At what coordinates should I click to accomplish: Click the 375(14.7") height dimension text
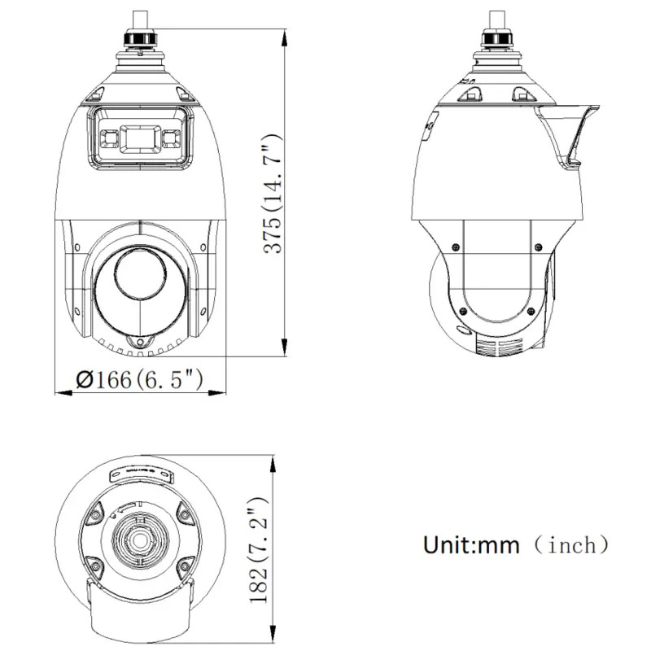coord(274,194)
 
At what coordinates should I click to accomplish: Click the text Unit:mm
coord(470,544)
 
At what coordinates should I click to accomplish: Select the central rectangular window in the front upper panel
coord(140,138)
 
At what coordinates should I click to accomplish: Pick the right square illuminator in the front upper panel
coord(171,138)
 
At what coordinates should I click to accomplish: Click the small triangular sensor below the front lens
coord(140,343)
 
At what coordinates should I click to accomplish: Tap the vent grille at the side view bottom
coord(496,347)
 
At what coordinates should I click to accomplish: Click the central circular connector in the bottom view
coord(139,540)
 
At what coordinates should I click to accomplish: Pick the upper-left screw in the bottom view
coord(95,513)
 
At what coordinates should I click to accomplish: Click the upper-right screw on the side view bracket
coord(537,247)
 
